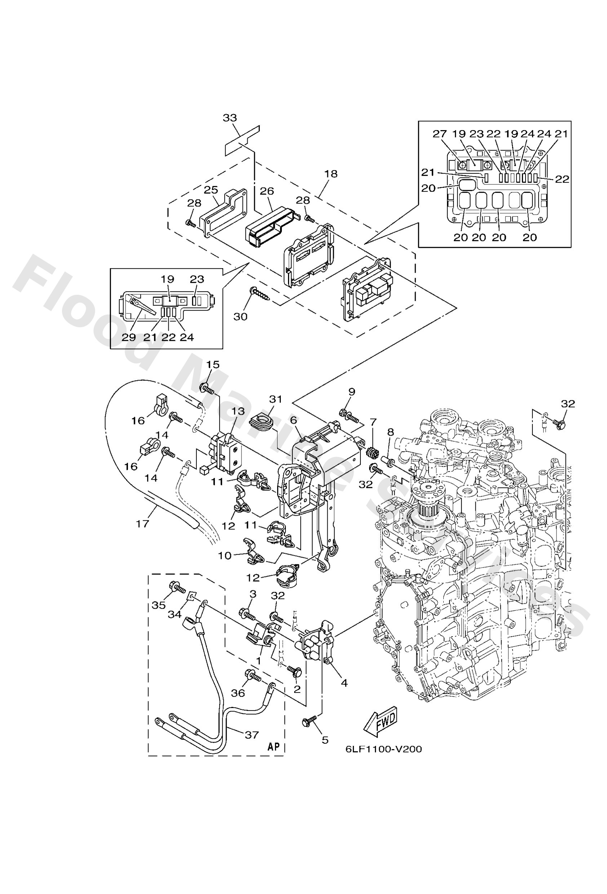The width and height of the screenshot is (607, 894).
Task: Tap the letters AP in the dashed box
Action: click(x=273, y=747)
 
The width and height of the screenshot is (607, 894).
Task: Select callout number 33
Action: click(x=230, y=118)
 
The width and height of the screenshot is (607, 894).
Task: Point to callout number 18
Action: click(x=331, y=174)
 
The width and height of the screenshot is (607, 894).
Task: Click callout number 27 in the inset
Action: click(x=439, y=134)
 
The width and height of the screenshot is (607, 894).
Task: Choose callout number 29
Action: click(x=129, y=337)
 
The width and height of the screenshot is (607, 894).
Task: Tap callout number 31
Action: click(x=276, y=399)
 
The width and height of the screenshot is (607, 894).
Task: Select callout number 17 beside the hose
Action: click(x=142, y=524)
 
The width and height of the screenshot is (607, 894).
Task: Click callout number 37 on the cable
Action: click(x=252, y=735)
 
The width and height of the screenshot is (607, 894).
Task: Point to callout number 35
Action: click(x=158, y=605)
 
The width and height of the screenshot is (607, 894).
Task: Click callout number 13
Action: click(x=238, y=411)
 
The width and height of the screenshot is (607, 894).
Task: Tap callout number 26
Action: click(x=266, y=191)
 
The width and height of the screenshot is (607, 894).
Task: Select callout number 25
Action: click(x=211, y=190)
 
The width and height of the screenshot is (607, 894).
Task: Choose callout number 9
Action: click(x=351, y=392)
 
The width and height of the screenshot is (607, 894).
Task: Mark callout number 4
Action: click(x=344, y=683)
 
